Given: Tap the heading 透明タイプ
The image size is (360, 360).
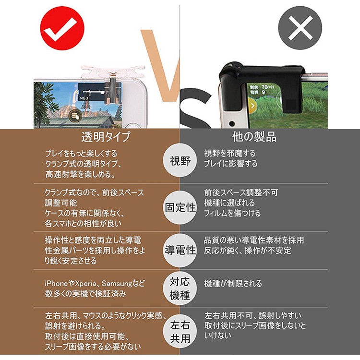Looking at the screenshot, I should click(107, 137).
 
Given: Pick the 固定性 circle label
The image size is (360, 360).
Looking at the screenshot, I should click(180, 207).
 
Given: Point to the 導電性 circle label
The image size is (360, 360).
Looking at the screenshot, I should click(180, 250).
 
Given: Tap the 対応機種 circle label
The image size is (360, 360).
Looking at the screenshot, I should click(180, 288).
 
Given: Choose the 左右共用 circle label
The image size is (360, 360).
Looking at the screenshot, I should click(180, 332).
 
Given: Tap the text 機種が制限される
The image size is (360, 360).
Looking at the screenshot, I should click(233, 284).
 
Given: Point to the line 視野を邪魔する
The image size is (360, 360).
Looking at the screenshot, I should click(230, 154).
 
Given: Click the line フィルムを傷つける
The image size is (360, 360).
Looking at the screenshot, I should click(232, 213).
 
